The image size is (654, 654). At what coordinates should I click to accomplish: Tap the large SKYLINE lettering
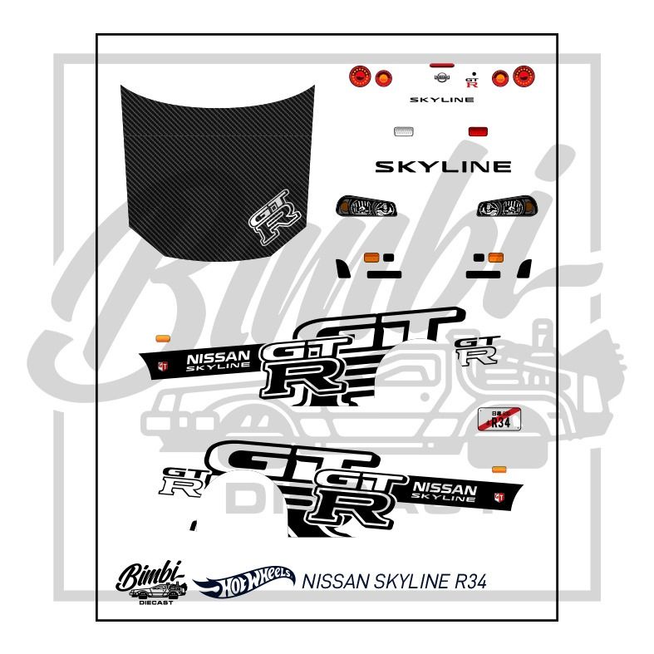[443, 167]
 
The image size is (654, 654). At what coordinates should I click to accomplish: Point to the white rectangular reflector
[404, 131]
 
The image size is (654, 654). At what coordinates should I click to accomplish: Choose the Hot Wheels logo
[243, 583]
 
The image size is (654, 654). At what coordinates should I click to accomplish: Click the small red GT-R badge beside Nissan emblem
[472, 79]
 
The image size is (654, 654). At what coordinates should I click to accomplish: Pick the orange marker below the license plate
[499, 470]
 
